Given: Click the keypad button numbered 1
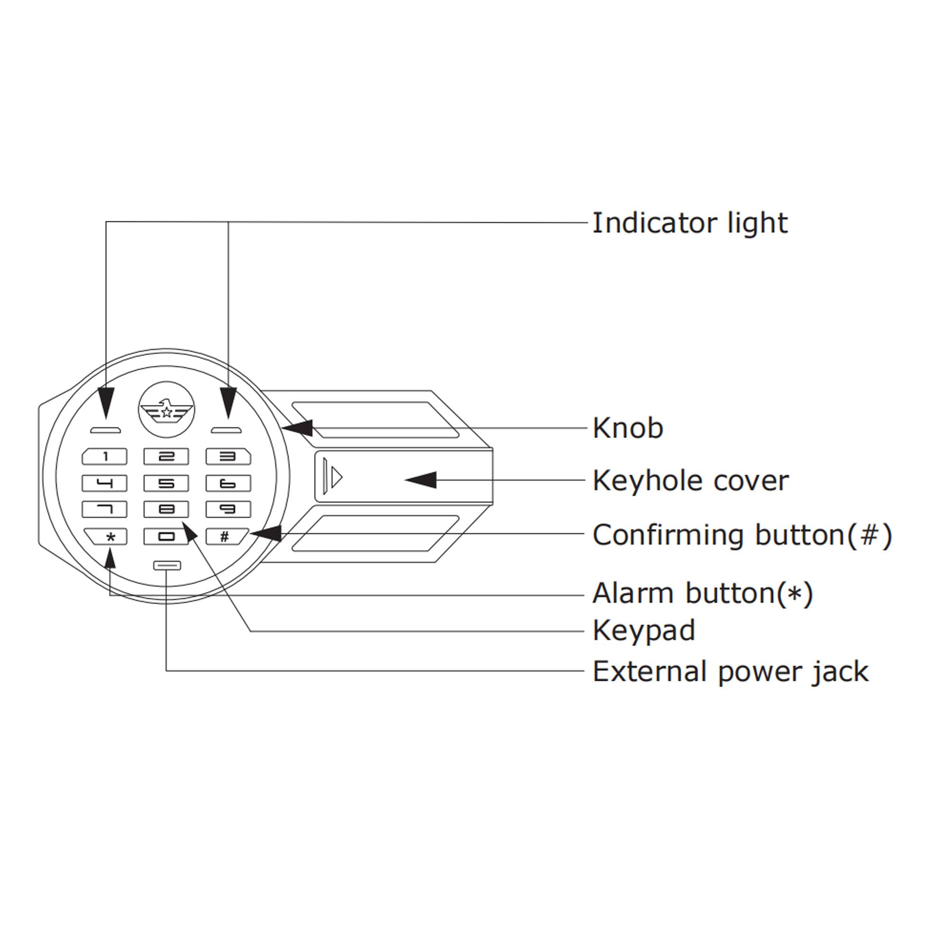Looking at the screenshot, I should (104, 457).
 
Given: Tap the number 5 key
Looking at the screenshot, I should (166, 483).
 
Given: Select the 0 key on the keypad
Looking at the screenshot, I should (166, 536).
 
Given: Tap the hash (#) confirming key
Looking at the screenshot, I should (226, 536).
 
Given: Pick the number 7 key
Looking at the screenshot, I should (104, 510).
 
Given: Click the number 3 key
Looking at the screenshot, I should (228, 457).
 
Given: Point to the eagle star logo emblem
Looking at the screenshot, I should (166, 410).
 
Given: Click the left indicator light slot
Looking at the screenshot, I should (106, 431).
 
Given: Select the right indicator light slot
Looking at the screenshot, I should (226, 431).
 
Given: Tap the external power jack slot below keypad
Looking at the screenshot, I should (167, 565).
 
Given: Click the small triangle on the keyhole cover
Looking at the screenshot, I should (337, 477).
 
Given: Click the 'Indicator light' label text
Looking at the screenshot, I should (689, 223).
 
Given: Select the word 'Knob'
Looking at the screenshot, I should (628, 428).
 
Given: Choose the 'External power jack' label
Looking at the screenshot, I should (730, 671).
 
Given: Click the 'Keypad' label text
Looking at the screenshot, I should (644, 630).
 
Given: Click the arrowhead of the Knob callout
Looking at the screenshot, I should (298, 428).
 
